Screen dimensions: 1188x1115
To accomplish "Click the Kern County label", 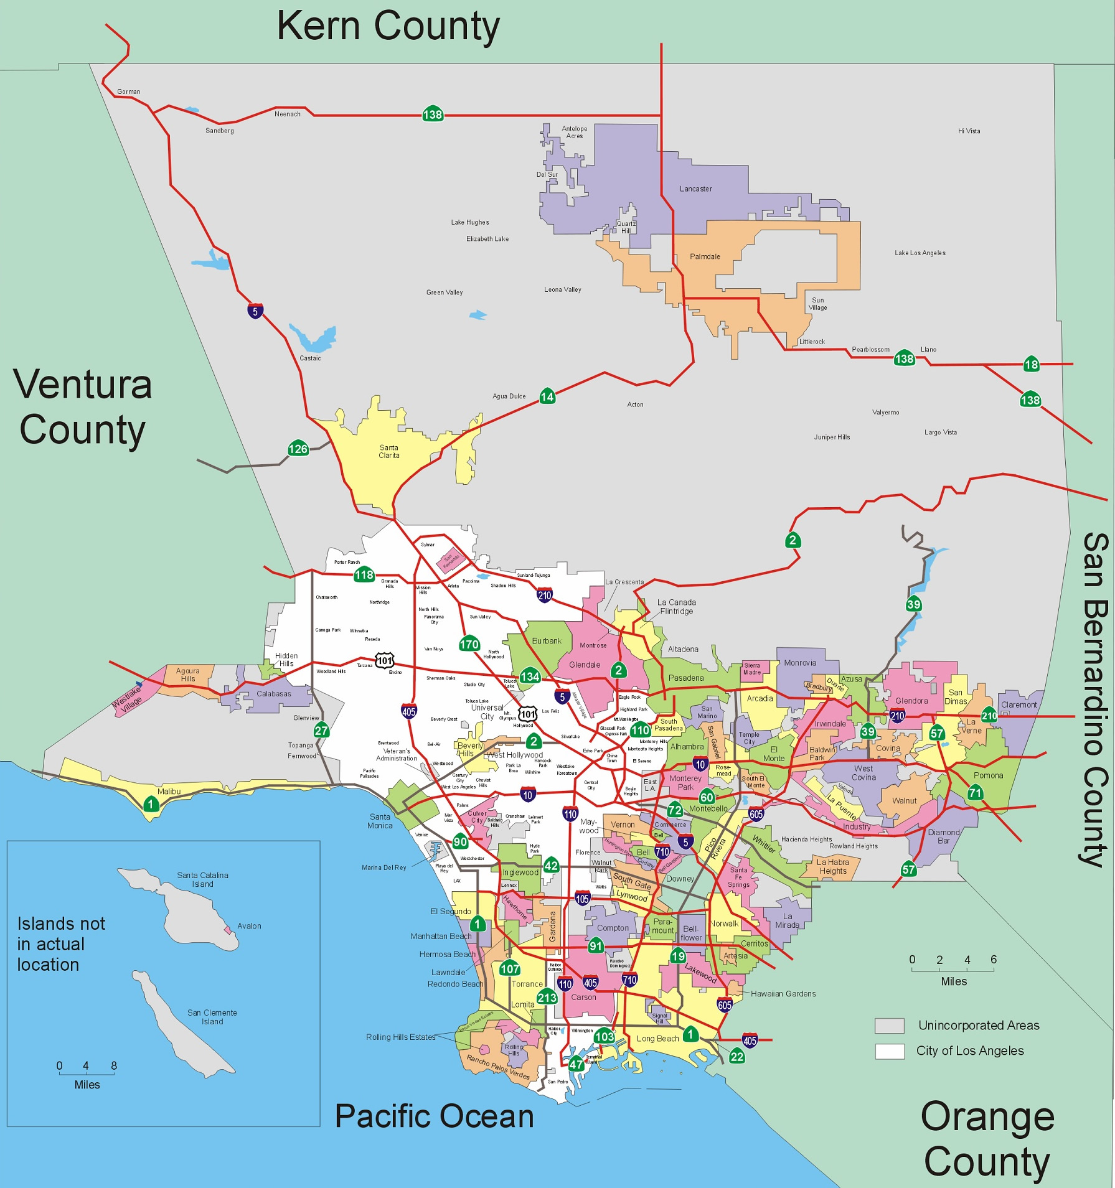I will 388,27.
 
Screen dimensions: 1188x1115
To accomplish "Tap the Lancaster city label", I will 695,189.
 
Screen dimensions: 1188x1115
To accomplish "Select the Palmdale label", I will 705,256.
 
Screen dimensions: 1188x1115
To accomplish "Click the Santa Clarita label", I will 389,451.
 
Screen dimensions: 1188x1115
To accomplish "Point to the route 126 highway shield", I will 298,449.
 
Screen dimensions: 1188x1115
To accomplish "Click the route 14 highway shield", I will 547,396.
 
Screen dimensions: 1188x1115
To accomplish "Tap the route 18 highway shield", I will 1031,365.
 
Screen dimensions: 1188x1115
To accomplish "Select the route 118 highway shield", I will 364,574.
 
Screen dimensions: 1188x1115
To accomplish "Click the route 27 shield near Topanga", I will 321,731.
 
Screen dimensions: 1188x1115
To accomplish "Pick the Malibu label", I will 169,792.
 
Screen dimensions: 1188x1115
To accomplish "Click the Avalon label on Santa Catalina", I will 249,926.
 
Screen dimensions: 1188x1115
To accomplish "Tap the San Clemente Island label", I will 212,1017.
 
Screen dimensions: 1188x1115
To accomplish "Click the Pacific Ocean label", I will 434,1116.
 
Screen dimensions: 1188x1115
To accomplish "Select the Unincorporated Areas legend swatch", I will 889,1025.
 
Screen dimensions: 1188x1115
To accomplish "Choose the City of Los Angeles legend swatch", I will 889,1051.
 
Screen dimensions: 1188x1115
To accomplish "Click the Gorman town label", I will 129,91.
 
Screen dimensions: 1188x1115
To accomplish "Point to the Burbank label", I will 547,641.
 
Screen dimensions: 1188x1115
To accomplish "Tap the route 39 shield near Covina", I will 867,732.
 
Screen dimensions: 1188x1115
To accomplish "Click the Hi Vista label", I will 969,131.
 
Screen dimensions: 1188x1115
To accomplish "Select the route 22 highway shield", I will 736,1057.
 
